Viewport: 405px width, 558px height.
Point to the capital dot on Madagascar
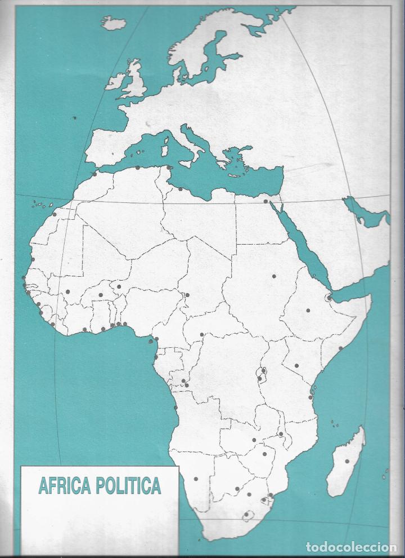pos(347,461)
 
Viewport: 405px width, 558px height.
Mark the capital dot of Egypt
pos(265,201)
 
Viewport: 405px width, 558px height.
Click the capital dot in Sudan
pos(274,276)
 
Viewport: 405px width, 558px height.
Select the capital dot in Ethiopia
pos(308,310)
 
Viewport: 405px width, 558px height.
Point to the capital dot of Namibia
pos(196,479)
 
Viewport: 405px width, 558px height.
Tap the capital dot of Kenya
pos(296,366)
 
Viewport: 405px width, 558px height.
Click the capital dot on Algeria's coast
pos(138,167)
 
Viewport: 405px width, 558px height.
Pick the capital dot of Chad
pos(187,295)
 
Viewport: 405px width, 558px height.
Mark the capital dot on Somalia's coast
pos(340,348)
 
